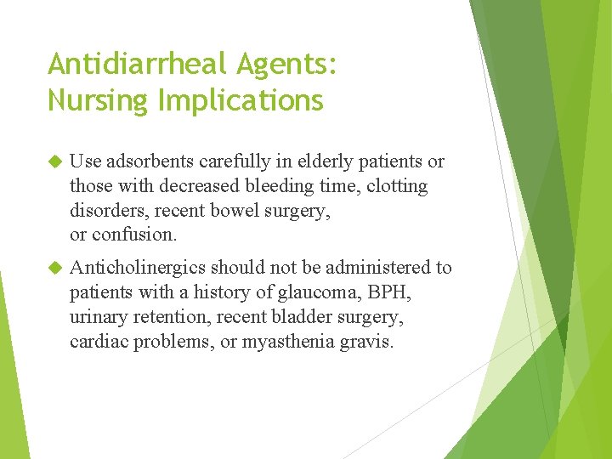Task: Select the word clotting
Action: click(395, 185)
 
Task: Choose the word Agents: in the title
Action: click(292, 63)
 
